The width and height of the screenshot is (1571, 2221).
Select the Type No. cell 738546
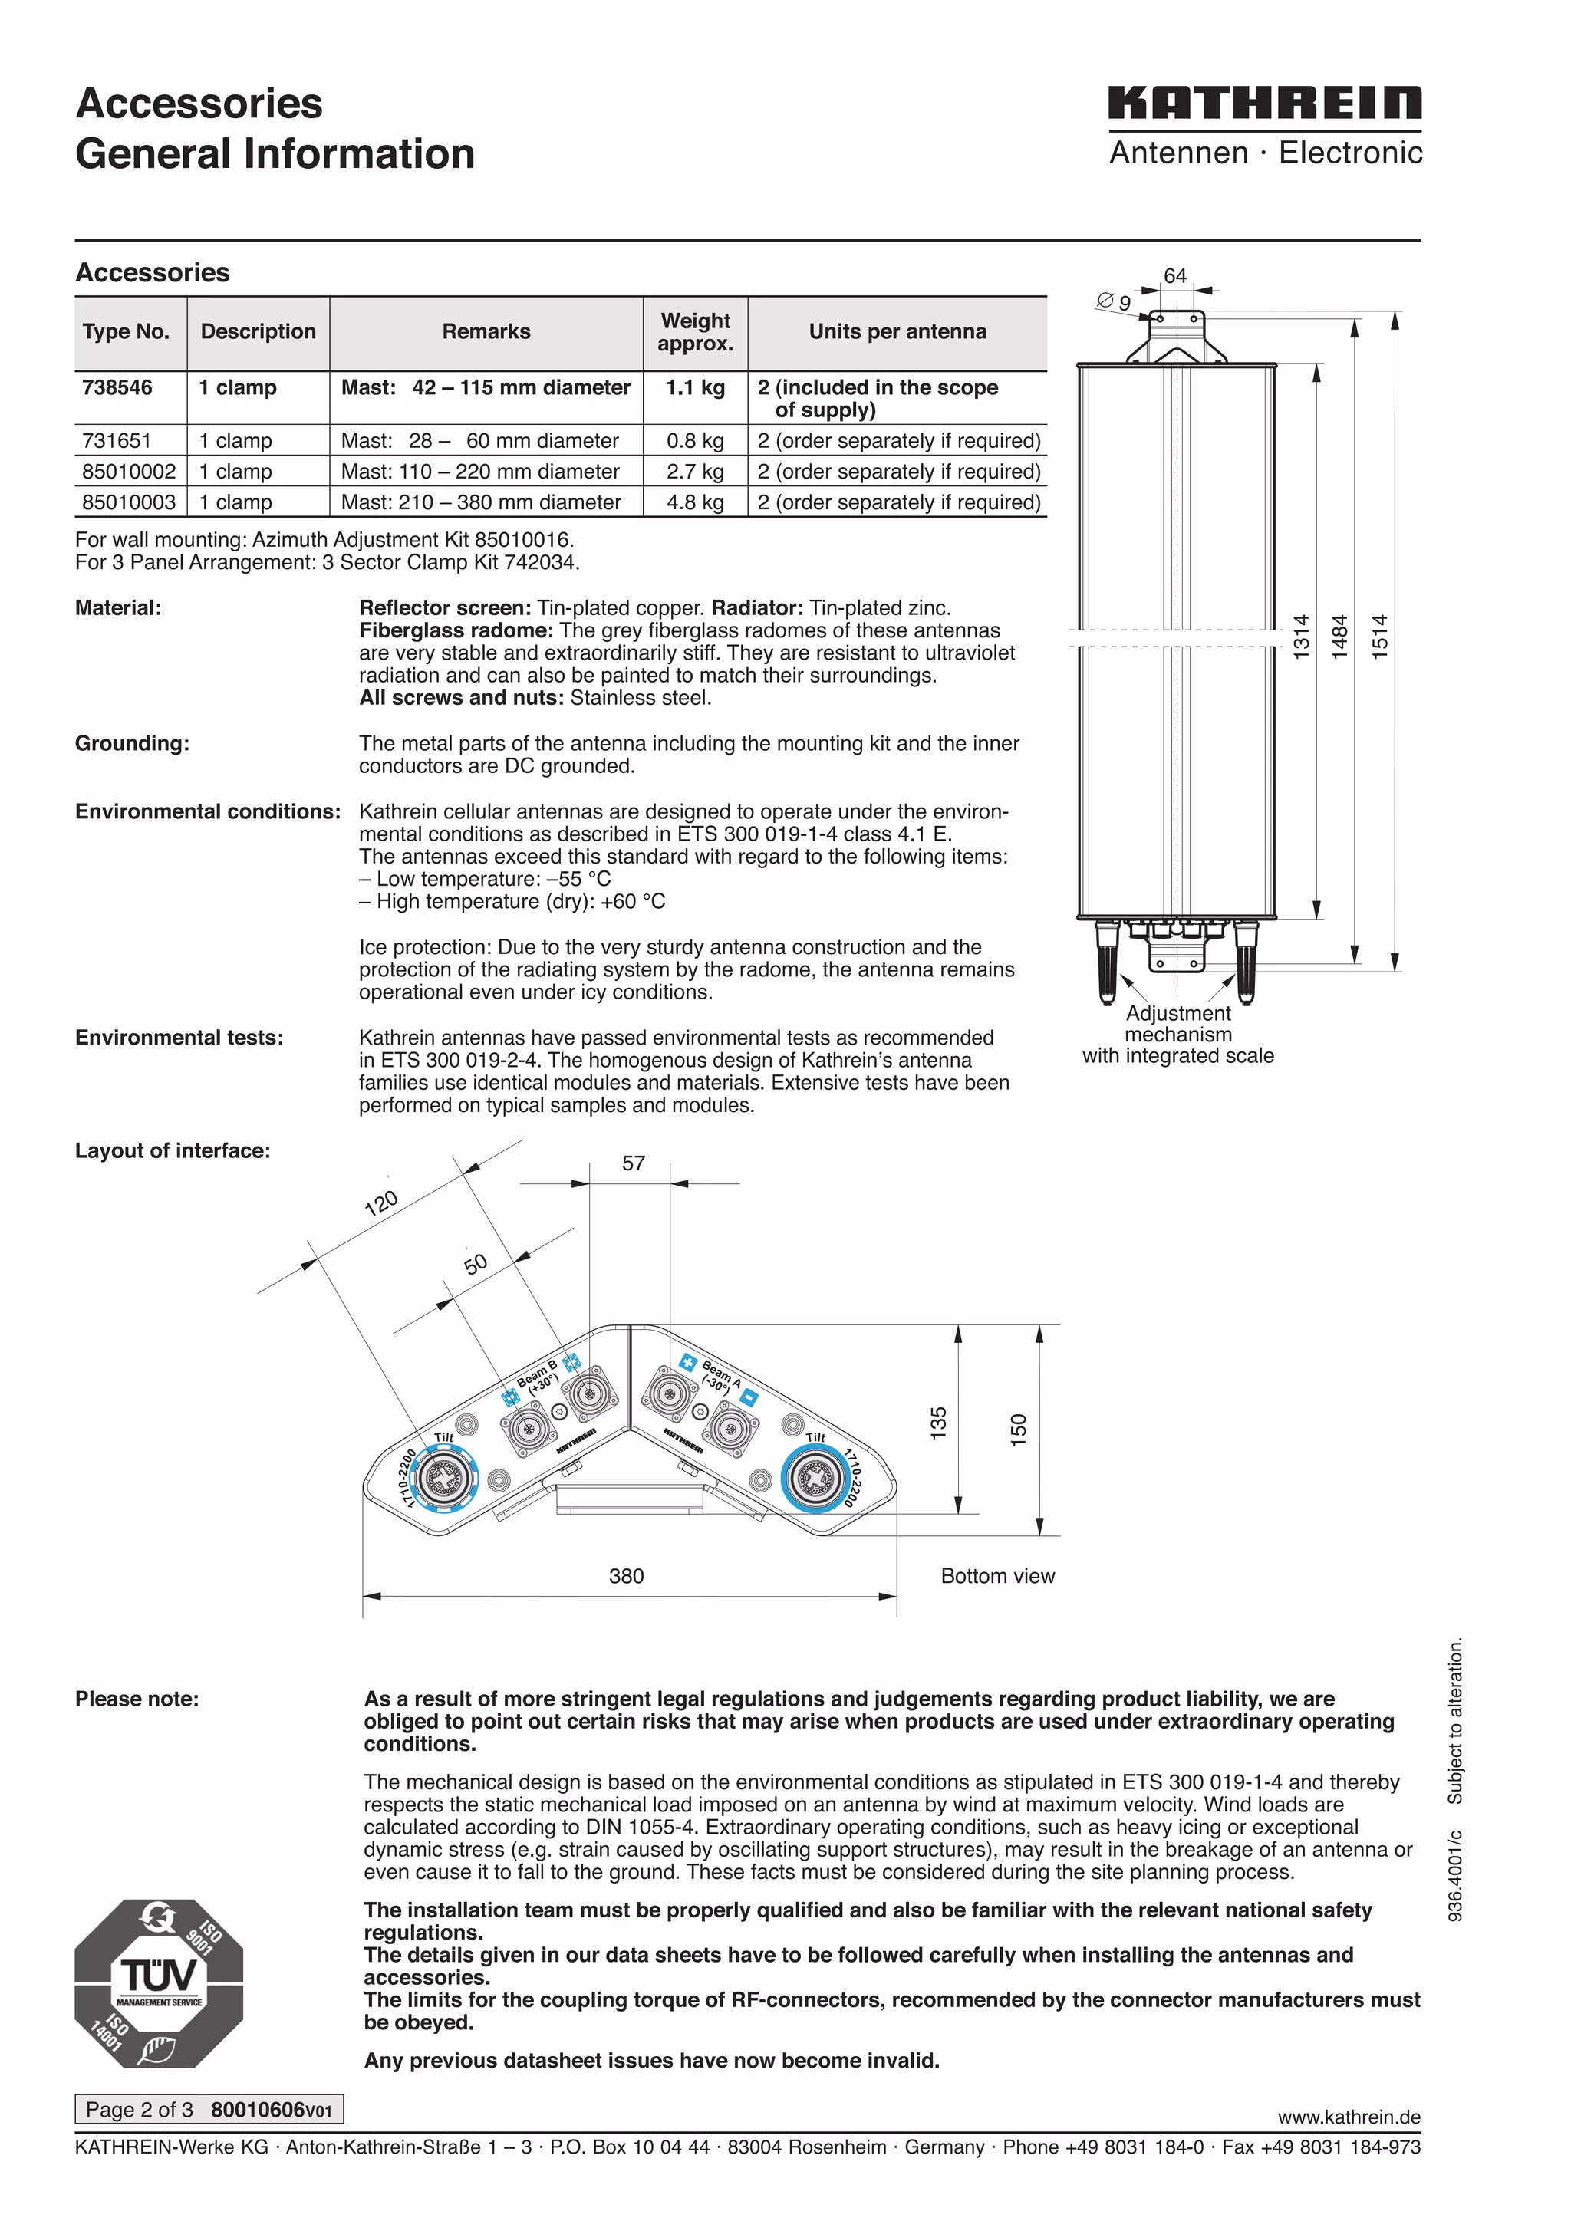click(x=117, y=387)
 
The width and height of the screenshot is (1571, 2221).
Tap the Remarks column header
click(x=486, y=332)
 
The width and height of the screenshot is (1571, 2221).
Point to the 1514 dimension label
click(x=1379, y=637)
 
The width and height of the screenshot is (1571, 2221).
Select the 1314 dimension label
click(x=1301, y=637)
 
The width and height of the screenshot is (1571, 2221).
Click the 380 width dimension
click(x=626, y=1576)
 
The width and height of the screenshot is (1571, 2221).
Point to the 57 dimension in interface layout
click(x=633, y=1163)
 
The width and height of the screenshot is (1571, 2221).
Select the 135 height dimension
click(x=938, y=1424)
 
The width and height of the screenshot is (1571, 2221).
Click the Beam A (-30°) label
click(x=719, y=1377)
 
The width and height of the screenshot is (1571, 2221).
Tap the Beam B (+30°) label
click(x=538, y=1376)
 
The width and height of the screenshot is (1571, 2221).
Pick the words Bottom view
click(x=997, y=1576)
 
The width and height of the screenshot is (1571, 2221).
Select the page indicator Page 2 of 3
click(x=140, y=2110)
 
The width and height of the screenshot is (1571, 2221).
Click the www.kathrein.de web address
click(x=1349, y=2117)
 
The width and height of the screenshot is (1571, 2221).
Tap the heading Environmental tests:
click(x=179, y=1038)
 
